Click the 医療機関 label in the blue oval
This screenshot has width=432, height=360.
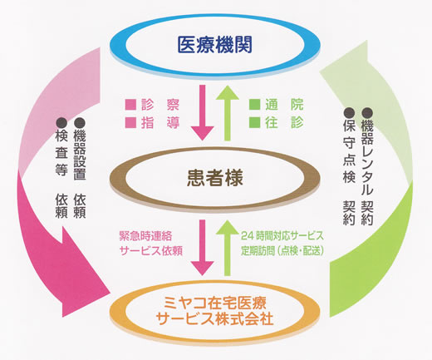(214, 45)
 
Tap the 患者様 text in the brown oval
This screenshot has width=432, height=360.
(215, 178)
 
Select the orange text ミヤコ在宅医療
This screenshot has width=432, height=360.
(215, 303)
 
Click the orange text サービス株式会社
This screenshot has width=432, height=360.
(215, 318)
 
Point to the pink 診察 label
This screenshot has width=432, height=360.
(160, 105)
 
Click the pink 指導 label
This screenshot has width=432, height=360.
(160, 122)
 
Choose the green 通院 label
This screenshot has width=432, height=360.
(284, 105)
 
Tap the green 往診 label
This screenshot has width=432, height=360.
(284, 122)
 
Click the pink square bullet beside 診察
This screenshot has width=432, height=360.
(130, 105)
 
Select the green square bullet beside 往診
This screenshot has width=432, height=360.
(255, 122)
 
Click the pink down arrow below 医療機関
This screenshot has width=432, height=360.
(203, 112)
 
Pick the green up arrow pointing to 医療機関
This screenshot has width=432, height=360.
(228, 113)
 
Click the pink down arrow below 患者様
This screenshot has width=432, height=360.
(203, 248)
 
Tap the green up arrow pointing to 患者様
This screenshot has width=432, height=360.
(228, 248)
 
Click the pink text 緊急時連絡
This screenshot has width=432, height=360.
(145, 236)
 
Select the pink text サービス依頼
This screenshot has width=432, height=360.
(151, 251)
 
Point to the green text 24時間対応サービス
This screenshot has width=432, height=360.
(282, 236)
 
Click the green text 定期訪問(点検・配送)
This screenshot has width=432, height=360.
(282, 251)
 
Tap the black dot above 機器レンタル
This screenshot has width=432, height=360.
(367, 112)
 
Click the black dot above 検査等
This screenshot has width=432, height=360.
(61, 123)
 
